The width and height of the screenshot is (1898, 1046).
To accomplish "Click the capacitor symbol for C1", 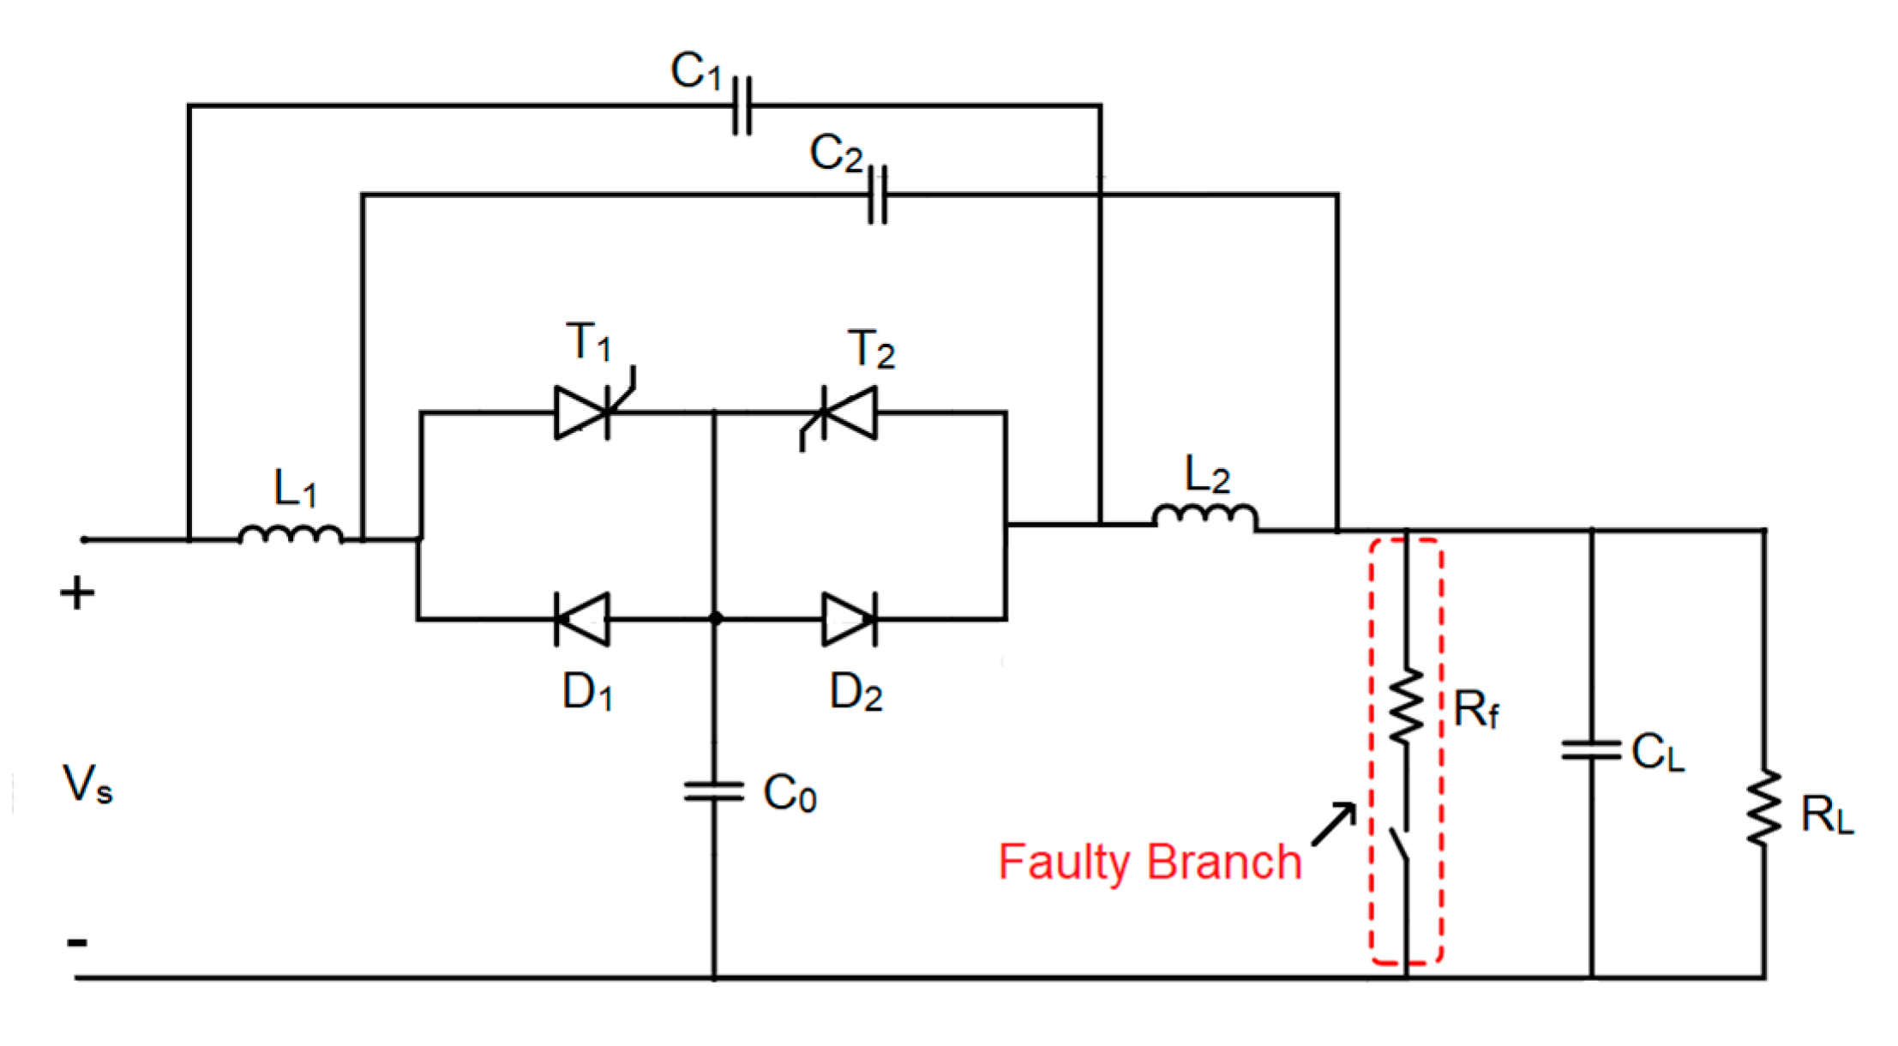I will (742, 105).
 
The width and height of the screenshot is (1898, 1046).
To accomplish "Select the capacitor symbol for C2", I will (877, 195).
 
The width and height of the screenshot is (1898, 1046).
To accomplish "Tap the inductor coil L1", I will (291, 534).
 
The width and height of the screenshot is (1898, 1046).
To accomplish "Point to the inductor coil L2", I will (1205, 516).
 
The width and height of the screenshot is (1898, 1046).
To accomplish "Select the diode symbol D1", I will (583, 618).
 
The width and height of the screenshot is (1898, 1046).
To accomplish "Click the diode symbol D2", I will (849, 618).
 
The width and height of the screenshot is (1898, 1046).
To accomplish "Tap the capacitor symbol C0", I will (714, 791).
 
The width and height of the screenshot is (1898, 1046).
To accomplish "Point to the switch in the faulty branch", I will (1401, 845).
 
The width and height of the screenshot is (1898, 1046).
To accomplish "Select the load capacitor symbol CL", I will (1592, 751).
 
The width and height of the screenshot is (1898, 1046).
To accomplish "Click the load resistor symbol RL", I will (1764, 809).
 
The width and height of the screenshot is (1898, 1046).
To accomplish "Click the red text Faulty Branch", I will (1150, 863).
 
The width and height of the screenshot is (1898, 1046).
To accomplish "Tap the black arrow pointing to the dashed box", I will (1334, 824).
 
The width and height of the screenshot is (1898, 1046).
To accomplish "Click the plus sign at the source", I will (77, 593).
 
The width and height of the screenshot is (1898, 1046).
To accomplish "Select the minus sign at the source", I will (77, 943).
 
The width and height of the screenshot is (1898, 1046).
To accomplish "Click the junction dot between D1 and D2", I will (716, 618).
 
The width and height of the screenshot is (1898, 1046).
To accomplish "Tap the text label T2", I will (871, 350).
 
